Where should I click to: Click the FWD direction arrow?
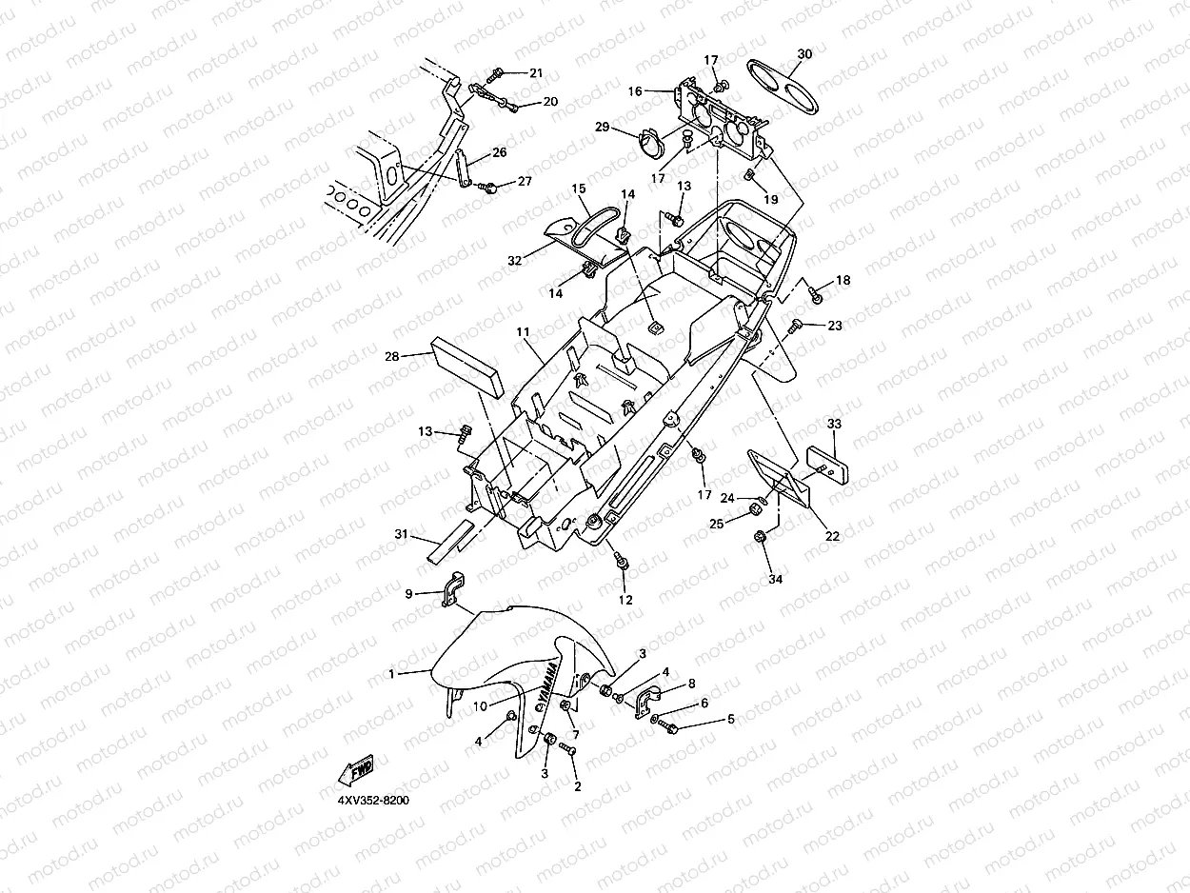pyautogui.click(x=356, y=770)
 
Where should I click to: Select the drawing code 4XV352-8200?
pyautogui.click(x=373, y=801)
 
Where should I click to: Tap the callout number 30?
pyautogui.click(x=804, y=54)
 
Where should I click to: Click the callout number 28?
pyautogui.click(x=392, y=356)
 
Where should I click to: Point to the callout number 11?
pyautogui.click(x=523, y=332)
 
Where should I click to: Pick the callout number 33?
pyautogui.click(x=834, y=423)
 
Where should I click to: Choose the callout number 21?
pyautogui.click(x=536, y=73)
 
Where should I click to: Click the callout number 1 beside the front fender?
pyautogui.click(x=391, y=674)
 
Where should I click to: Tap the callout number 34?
pyautogui.click(x=775, y=579)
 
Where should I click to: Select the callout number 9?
pyautogui.click(x=408, y=594)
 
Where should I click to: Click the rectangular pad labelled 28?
pyautogui.click(x=467, y=367)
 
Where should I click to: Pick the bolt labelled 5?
pyautogui.click(x=670, y=728)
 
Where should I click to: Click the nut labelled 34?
pyautogui.click(x=760, y=537)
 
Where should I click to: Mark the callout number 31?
pyautogui.click(x=401, y=534)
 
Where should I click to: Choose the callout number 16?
pyautogui.click(x=635, y=91)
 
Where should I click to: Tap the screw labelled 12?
pyautogui.click(x=621, y=561)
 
